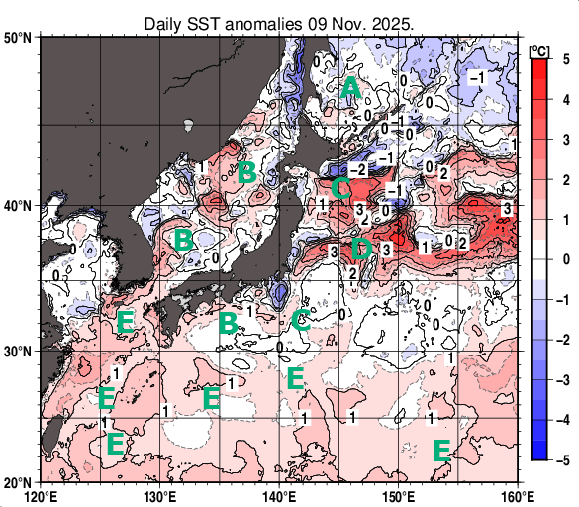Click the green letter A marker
click(350, 90)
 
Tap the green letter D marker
click(361, 248)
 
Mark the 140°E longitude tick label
click(279, 495)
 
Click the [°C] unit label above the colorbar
click(540, 50)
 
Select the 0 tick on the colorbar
click(564, 258)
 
